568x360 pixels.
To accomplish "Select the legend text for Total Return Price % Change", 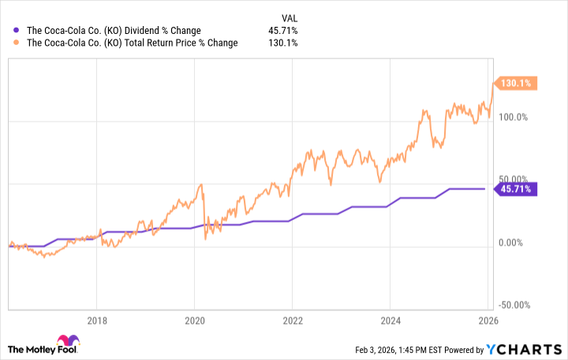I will click(x=133, y=43).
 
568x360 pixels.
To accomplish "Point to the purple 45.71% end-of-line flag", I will click(x=515, y=189).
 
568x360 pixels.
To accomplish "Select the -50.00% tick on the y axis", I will click(x=516, y=305).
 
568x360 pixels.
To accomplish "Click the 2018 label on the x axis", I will click(x=96, y=321).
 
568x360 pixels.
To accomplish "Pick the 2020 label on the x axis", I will click(x=194, y=321).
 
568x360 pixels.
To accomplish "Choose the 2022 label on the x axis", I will click(x=292, y=321).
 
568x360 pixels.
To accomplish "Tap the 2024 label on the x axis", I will click(x=390, y=321).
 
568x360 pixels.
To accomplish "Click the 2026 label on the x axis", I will click(x=488, y=321).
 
